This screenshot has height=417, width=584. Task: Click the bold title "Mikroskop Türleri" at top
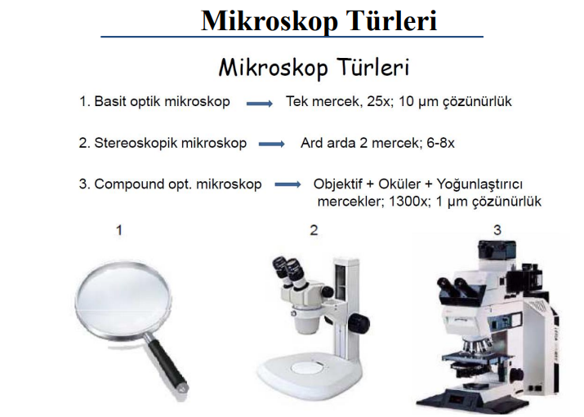point(319,21)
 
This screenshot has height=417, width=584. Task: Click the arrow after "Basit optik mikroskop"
point(260,104)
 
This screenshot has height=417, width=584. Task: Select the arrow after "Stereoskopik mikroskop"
point(272,144)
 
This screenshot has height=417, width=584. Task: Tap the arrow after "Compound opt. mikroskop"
point(288,184)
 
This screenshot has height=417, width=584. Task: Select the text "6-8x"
point(440,143)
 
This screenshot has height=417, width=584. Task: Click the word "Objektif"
point(338,184)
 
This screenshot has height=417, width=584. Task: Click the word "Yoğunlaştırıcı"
point(479,184)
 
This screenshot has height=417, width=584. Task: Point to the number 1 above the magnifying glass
point(119,230)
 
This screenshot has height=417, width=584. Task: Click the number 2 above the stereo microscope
point(314,230)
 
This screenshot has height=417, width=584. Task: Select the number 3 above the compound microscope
point(497,230)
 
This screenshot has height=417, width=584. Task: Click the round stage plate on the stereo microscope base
point(309,368)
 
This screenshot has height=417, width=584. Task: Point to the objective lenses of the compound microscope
point(475,346)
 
